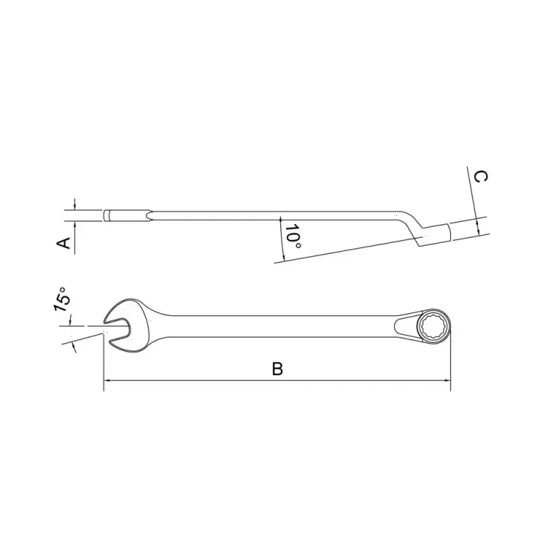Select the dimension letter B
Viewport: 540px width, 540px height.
(x=277, y=369)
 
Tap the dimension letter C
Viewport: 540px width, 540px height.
(x=480, y=177)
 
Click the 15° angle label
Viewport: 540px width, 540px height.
(x=61, y=298)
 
